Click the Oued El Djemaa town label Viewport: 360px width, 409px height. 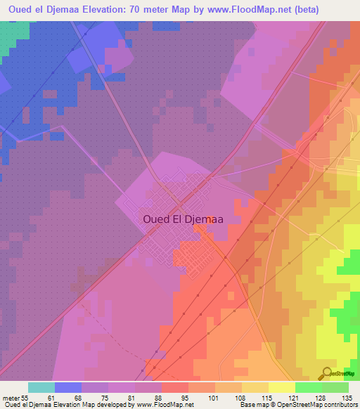click(183, 219)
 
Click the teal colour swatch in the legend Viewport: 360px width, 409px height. click(41, 387)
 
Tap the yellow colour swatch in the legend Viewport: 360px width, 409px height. click(281, 387)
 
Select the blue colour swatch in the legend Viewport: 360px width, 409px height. click(68, 387)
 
